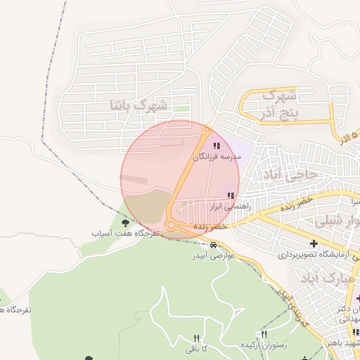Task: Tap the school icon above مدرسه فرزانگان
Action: click(216, 146)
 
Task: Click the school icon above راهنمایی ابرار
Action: click(229, 195)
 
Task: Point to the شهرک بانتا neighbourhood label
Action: click(139, 105)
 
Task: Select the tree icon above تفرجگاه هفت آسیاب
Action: click(125, 222)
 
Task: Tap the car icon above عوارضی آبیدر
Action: click(213, 245)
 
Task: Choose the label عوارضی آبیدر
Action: click(214, 255)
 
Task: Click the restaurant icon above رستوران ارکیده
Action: click(264, 334)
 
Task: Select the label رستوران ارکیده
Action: click(263, 345)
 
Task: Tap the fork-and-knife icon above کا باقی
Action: click(196, 338)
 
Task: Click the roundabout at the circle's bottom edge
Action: click(173, 226)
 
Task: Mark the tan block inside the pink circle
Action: click(150, 205)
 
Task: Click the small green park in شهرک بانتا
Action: click(182, 109)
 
